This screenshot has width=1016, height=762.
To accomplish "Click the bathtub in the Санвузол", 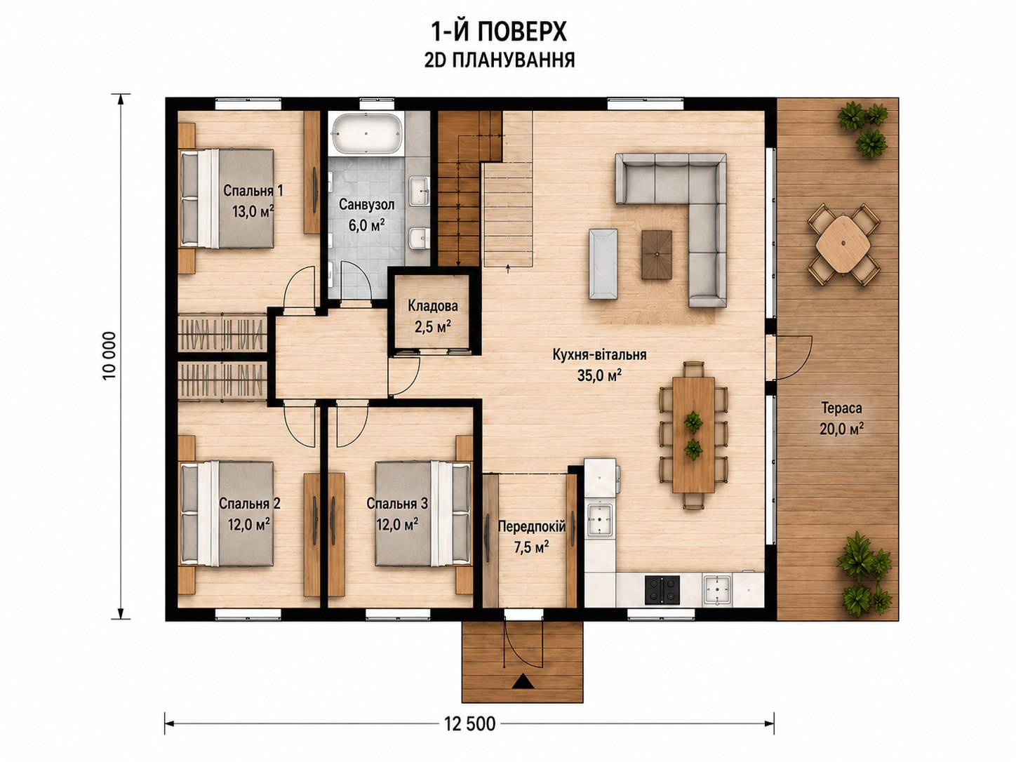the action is [x=366, y=133].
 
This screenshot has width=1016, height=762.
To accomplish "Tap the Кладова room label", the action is [x=433, y=306].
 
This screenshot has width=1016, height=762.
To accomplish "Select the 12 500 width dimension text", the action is [x=470, y=723].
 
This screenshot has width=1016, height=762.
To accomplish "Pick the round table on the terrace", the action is [x=843, y=244].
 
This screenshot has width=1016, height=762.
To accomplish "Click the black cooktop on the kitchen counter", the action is [x=662, y=590].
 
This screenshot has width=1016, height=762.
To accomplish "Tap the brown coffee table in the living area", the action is [x=657, y=255].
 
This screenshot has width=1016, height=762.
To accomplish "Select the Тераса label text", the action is [x=841, y=408].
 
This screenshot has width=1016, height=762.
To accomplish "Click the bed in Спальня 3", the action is [x=423, y=513].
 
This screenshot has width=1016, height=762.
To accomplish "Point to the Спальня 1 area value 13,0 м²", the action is [x=253, y=211].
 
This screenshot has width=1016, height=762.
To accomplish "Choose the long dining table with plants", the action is [x=693, y=434].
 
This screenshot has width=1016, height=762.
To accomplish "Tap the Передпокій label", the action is [x=532, y=526].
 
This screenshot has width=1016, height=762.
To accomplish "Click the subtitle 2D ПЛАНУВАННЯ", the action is [x=500, y=60].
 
